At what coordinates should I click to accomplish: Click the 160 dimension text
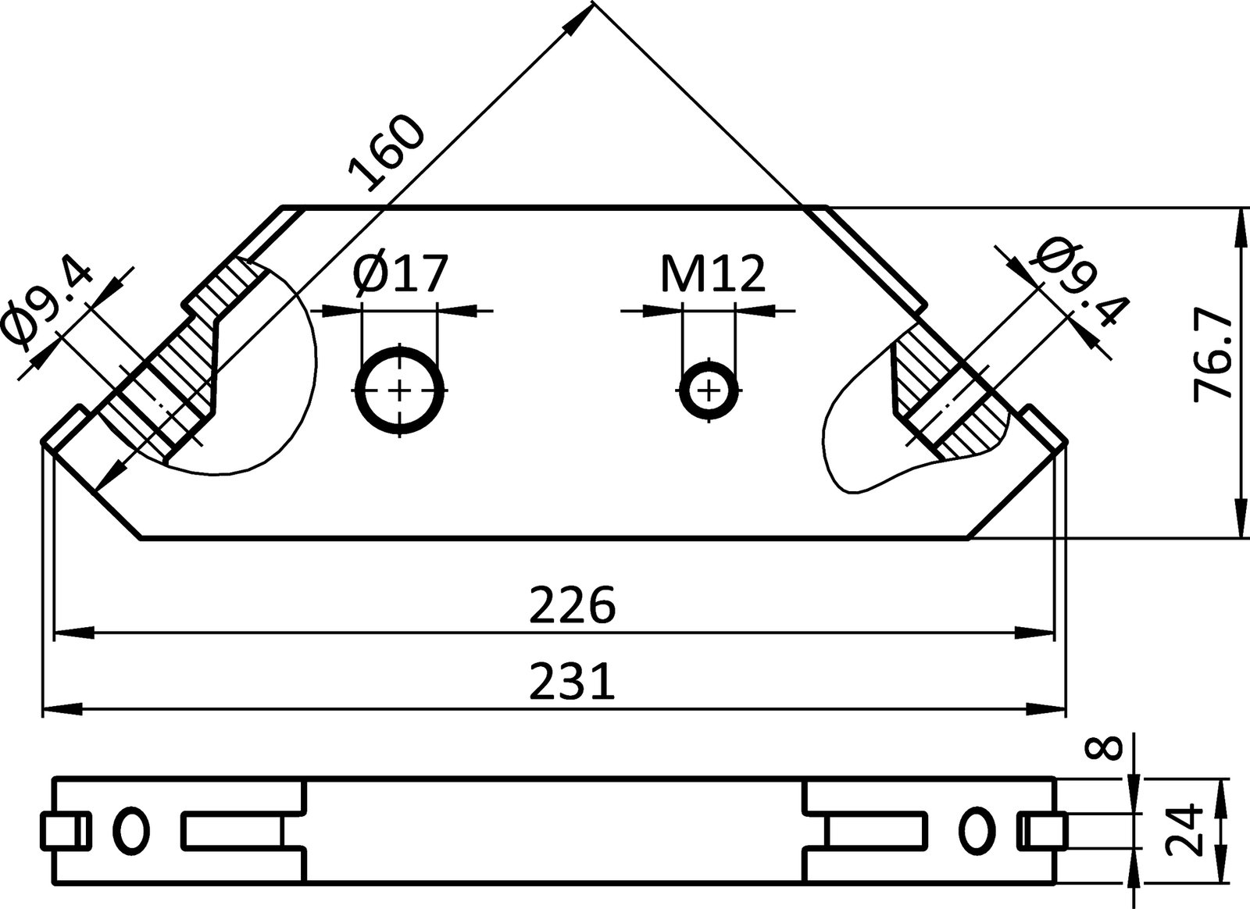tap(387, 155)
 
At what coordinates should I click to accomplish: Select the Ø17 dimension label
tap(401, 273)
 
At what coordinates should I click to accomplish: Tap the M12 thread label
tap(712, 273)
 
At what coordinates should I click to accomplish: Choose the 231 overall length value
tap(573, 682)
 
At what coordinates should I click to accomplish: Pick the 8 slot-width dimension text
tap(1104, 749)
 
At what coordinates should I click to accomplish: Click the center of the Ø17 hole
tap(400, 389)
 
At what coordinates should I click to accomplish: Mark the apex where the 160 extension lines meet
tap(593, 3)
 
